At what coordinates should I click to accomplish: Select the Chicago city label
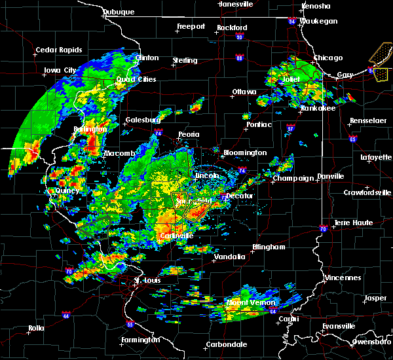[x=327, y=58]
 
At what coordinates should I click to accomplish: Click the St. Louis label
[x=147, y=281]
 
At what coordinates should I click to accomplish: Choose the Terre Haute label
[x=354, y=223]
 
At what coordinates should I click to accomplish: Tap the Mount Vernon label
[x=244, y=303]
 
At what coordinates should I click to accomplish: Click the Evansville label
[x=339, y=326]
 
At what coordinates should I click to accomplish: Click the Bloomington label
[x=245, y=153]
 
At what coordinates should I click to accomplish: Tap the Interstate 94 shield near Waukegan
[x=292, y=20]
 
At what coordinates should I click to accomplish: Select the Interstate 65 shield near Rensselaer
[x=352, y=139]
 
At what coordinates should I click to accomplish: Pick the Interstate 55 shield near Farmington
[x=130, y=324]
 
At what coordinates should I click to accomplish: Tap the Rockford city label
[x=233, y=27]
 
